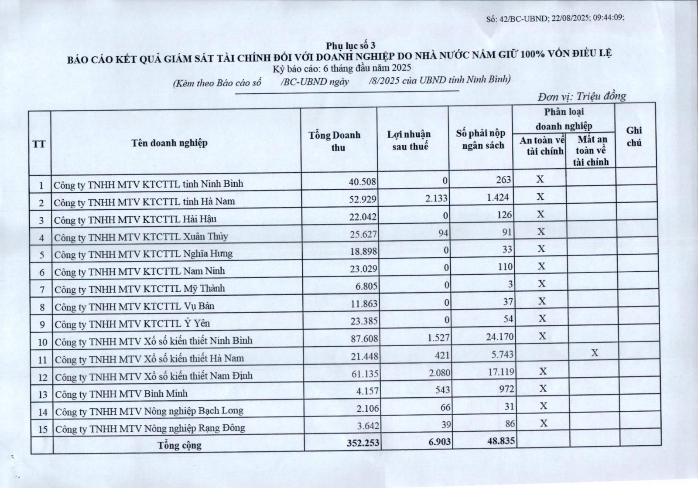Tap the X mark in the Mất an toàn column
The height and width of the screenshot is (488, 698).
595,353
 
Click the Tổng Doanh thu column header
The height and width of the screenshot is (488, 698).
335,141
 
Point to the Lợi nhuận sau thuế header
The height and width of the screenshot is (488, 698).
409,140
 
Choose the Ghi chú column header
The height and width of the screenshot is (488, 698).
634,137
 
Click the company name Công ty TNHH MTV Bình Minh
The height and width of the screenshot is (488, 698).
121,394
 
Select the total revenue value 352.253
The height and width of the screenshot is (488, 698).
363,443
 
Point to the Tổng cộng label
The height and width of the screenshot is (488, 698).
180,445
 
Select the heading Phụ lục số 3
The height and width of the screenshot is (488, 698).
350,45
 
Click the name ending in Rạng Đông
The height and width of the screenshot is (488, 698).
151,428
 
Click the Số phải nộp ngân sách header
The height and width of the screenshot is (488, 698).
481,140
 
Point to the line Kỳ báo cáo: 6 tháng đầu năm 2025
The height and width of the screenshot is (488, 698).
342,68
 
